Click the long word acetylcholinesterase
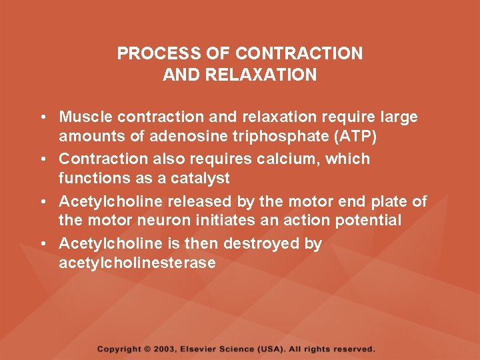point(137,263)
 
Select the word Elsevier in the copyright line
point(203,349)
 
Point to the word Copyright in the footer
point(119,349)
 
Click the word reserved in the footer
point(353,349)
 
